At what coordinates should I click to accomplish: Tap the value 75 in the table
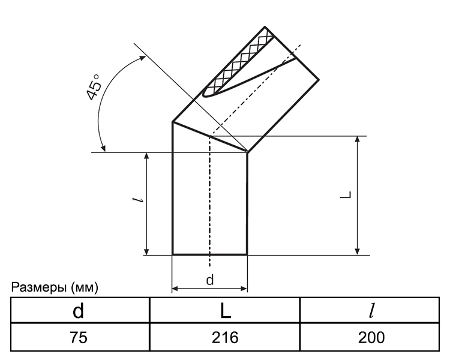[79, 337]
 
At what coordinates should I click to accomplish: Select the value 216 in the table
[225, 337]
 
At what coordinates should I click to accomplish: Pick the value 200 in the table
[371, 337]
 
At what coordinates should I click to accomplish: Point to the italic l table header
[371, 310]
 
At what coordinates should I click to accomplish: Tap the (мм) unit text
[85, 287]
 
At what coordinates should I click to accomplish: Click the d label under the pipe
[210, 280]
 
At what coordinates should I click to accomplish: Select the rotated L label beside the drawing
[346, 194]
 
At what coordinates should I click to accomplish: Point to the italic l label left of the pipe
[139, 200]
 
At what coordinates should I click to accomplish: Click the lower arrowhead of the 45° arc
[103, 148]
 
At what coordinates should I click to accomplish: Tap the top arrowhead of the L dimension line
[358, 139]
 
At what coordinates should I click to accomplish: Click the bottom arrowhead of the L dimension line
[358, 251]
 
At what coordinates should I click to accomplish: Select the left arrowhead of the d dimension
[175, 289]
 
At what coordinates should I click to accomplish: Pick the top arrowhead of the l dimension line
[146, 156]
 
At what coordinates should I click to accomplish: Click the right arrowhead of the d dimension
[244, 289]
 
